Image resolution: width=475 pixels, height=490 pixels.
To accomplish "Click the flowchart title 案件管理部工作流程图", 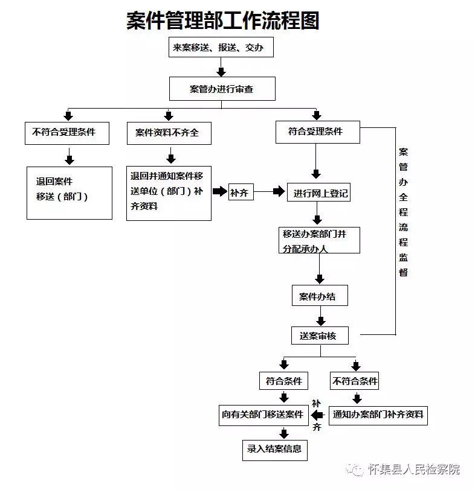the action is (223, 21).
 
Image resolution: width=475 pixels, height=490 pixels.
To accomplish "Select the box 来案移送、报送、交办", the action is (221, 47).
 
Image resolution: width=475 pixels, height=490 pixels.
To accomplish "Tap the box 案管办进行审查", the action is (222, 89).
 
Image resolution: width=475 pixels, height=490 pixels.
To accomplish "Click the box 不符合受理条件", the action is (67, 133).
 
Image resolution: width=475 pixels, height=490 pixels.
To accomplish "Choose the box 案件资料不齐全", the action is (169, 133).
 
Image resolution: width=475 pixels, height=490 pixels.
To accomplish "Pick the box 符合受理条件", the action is (318, 132).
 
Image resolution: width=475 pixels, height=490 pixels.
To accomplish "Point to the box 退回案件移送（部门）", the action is (69, 193).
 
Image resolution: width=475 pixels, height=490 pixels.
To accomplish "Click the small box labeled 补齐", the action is (241, 192).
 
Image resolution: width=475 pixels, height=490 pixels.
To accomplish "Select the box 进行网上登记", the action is (318, 192).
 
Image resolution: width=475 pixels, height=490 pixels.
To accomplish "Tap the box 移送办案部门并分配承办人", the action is (319, 240).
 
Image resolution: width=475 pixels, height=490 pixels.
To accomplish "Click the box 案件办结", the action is (320, 295).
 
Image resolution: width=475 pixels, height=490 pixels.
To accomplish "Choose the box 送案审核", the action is (320, 336).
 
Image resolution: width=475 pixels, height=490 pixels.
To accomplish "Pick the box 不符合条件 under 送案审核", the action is (354, 381).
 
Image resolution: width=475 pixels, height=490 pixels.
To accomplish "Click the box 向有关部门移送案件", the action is (263, 415).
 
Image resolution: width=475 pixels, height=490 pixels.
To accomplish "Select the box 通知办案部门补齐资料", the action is (378, 415).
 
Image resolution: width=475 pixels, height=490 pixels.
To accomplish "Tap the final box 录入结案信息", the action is (275, 450).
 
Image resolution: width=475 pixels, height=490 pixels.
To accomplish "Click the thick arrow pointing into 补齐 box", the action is (220, 191).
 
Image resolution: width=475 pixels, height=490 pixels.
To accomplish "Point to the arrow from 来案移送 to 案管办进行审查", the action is (221, 67).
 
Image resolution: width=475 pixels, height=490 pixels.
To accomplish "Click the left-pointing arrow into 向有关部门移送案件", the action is (318, 415).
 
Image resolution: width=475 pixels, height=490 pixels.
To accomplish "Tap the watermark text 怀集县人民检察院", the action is (414, 469).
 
